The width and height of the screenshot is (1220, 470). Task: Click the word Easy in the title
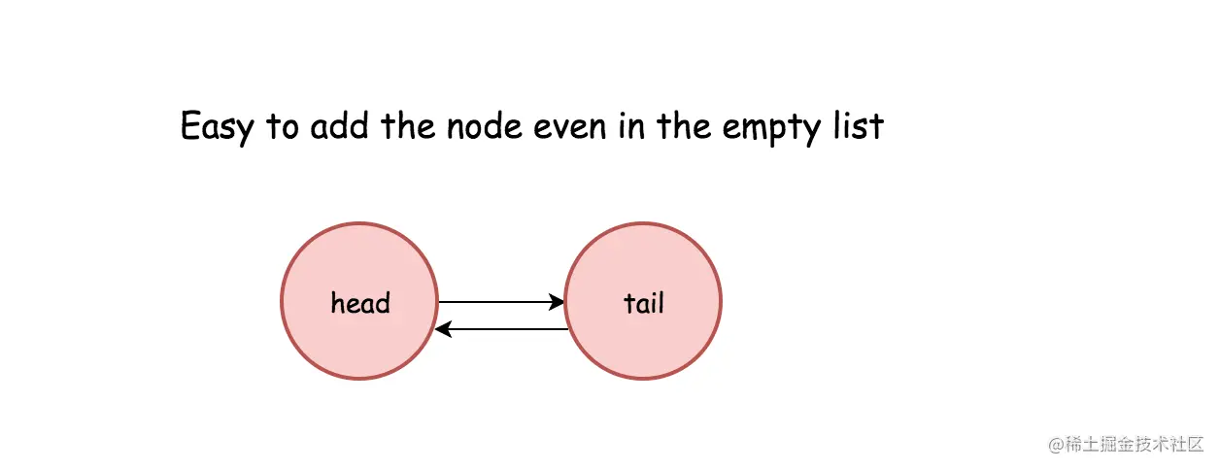(218, 127)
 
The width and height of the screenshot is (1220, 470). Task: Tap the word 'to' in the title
(282, 126)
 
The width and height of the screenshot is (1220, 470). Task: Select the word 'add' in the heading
(339, 125)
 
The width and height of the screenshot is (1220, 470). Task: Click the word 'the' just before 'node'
(408, 125)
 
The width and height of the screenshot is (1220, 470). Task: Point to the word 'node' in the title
(484, 125)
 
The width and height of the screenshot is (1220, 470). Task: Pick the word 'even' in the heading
(570, 127)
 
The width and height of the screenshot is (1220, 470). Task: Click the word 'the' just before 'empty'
(684, 125)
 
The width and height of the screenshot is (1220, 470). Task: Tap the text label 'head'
(360, 302)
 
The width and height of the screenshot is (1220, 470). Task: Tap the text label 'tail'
(644, 303)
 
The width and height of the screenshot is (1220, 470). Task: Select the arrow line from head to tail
(501, 302)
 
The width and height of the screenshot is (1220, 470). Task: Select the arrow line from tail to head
(501, 329)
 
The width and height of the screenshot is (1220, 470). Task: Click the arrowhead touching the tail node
(557, 302)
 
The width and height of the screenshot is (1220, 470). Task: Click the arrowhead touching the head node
(443, 329)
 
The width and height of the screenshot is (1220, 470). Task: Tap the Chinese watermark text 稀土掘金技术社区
(1135, 445)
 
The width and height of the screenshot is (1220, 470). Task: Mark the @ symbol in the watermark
(1057, 445)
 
